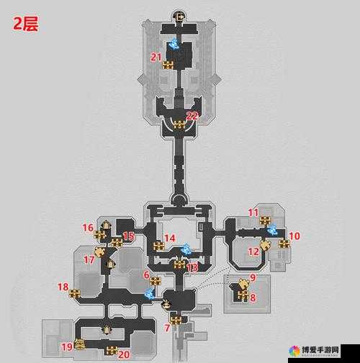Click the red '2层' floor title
click(25, 24)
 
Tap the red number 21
click(156, 57)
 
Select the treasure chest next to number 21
click(168, 65)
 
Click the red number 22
click(192, 116)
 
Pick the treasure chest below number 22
click(179, 125)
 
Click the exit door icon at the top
click(179, 17)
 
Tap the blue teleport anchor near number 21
click(174, 45)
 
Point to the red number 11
click(253, 212)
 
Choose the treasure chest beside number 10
click(284, 244)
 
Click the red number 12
click(253, 251)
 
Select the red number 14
click(170, 238)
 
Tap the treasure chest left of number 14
click(158, 246)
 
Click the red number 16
click(88, 228)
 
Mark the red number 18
click(63, 287)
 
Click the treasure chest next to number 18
click(75, 293)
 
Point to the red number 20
click(124, 354)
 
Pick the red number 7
click(167, 328)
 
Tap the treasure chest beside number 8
click(243, 295)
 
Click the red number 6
click(147, 275)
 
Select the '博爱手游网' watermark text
click(320, 349)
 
